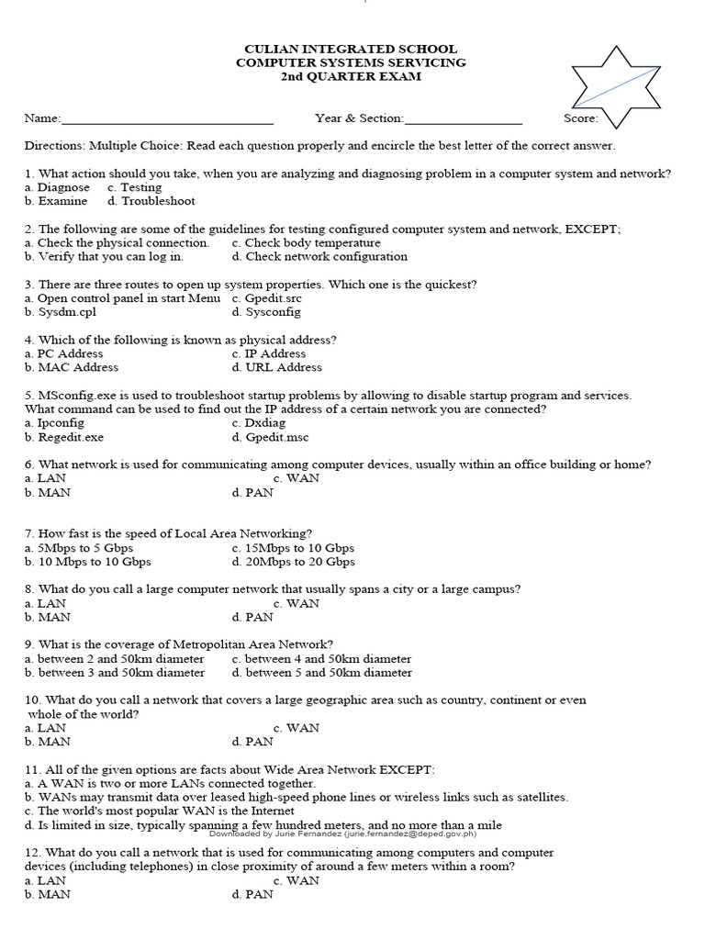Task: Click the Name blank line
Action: tap(167, 119)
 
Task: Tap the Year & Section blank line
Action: tap(463, 119)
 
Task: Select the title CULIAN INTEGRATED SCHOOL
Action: tap(351, 49)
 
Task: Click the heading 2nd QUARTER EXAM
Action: tap(351, 76)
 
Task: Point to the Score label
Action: tap(581, 118)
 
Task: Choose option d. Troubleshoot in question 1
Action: tap(151, 201)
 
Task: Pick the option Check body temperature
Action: tap(306, 243)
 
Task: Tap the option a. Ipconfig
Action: tap(54, 423)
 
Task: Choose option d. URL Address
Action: tap(277, 367)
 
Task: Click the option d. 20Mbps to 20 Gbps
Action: tap(294, 562)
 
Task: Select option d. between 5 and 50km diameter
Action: tap(322, 673)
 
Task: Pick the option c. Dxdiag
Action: tap(260, 423)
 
